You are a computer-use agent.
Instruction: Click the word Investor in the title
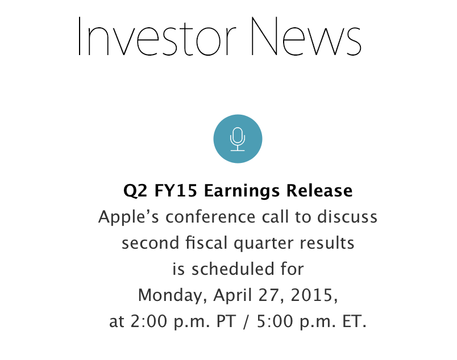[x=157, y=36]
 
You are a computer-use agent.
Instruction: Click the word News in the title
[x=306, y=36]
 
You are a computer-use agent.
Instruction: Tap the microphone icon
[x=238, y=139]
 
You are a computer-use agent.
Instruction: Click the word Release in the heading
[x=319, y=191]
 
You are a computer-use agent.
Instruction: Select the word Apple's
[x=128, y=218]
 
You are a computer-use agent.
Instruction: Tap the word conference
[x=210, y=217]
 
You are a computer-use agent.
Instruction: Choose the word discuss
[x=347, y=217]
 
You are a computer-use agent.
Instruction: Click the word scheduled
[x=233, y=269]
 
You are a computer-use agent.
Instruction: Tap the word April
[x=232, y=296]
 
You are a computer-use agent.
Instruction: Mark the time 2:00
[x=149, y=321]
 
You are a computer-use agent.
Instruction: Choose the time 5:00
[x=275, y=321]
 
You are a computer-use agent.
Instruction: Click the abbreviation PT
[x=226, y=321]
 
